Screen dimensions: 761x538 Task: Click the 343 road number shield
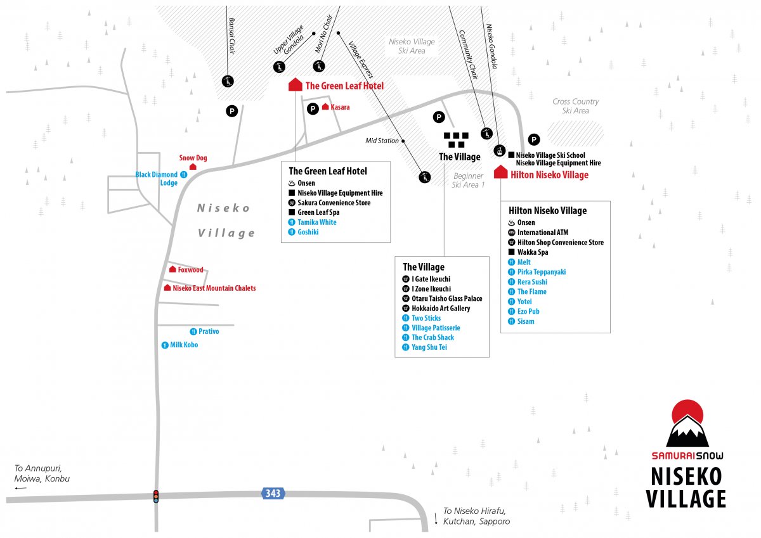click(273, 493)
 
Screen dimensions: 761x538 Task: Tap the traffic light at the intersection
click(156, 496)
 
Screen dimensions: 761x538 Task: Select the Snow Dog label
click(193, 158)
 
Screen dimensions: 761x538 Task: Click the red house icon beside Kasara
click(325, 106)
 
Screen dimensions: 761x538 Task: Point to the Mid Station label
click(382, 141)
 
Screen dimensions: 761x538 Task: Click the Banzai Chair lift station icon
click(228, 82)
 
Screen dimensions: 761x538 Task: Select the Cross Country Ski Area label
click(576, 106)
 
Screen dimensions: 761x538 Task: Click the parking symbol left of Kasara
click(313, 108)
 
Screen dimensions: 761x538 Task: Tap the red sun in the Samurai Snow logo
click(687, 412)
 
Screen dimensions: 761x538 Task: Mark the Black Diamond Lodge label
click(160, 179)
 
